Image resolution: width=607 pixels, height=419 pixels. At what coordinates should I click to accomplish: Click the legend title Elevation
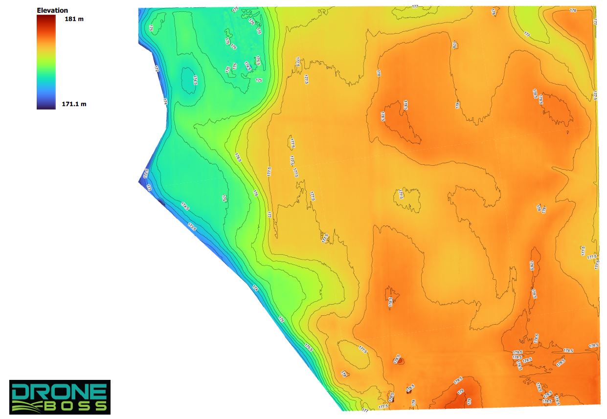tap(52, 10)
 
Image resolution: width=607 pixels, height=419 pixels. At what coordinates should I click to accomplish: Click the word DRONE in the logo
tap(59, 392)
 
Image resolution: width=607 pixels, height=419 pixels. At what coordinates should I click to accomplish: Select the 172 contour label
tap(157, 69)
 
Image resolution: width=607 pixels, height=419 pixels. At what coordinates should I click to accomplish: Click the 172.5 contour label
tap(146, 173)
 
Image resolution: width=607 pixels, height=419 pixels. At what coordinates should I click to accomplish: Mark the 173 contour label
tap(149, 187)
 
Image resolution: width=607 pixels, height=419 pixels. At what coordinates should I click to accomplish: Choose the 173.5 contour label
tap(192, 226)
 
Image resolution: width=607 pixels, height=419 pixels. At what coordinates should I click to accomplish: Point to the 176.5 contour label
tap(238, 157)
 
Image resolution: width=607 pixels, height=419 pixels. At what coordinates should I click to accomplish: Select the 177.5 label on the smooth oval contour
tap(362, 349)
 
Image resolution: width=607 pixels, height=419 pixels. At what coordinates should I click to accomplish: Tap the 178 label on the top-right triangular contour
tap(573, 10)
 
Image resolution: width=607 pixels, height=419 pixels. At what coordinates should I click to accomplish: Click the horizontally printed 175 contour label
tap(259, 80)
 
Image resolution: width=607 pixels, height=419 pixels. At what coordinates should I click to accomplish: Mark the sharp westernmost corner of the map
tap(139, 181)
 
